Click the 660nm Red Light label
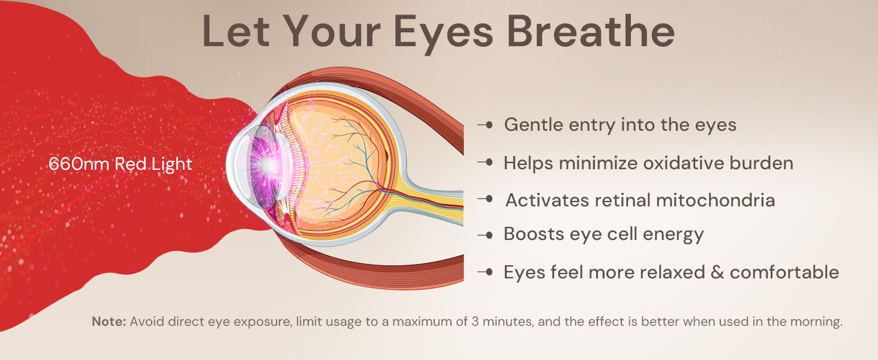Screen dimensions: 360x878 tap(121, 164)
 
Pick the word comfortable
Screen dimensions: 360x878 tap(784, 272)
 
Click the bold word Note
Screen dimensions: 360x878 tap(109, 322)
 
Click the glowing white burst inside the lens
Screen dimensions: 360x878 tap(267, 164)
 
